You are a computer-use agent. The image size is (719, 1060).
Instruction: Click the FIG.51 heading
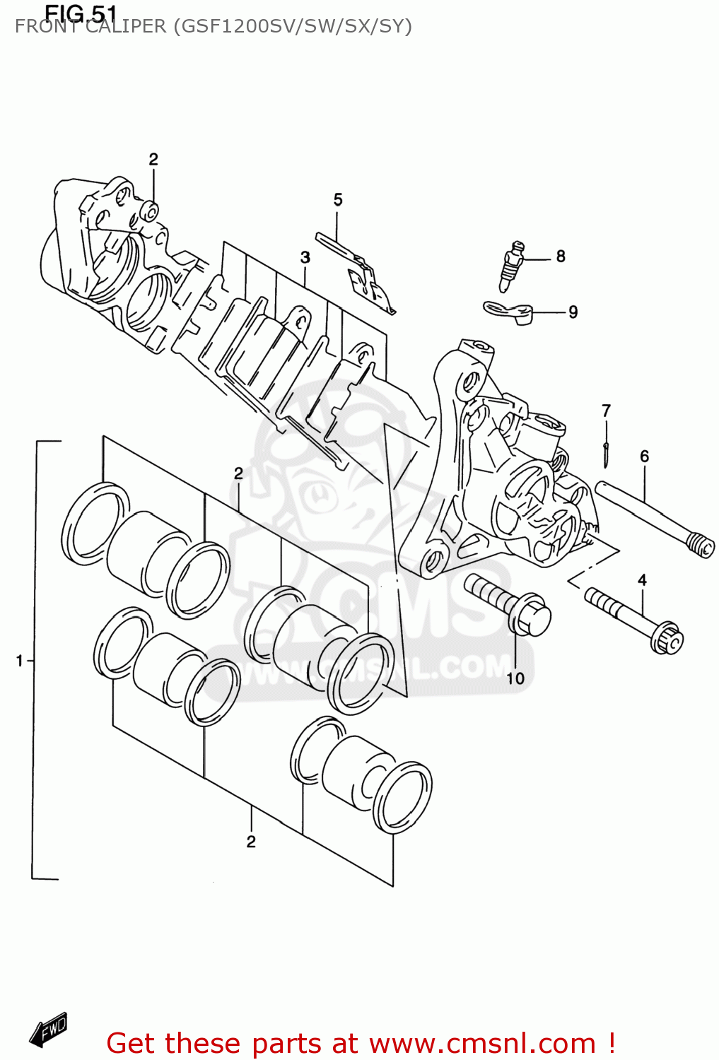(80, 13)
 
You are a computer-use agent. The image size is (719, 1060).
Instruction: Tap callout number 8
(561, 257)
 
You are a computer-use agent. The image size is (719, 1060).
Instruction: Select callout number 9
(573, 312)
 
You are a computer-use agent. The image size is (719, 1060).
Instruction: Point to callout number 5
(338, 200)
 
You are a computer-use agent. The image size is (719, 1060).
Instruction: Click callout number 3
(305, 257)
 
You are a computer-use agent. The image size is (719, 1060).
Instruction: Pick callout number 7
(606, 411)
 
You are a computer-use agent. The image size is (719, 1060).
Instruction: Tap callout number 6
(644, 457)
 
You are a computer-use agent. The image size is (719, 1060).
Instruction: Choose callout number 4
(642, 580)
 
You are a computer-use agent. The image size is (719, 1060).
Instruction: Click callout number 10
(515, 678)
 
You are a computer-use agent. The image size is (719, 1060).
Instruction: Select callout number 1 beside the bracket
(20, 661)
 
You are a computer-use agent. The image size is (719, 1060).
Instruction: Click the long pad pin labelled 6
(650, 519)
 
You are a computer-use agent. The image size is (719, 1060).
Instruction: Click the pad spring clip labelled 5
(361, 276)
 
